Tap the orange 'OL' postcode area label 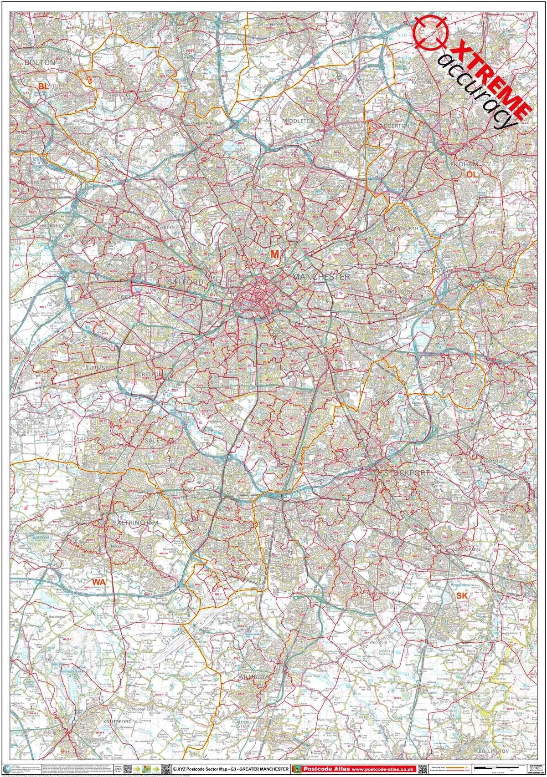(x=472, y=173)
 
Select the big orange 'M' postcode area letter (x=274, y=254)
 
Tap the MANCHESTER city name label (x=322, y=277)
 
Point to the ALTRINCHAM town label (x=137, y=523)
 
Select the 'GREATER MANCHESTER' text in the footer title (x=261, y=769)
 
